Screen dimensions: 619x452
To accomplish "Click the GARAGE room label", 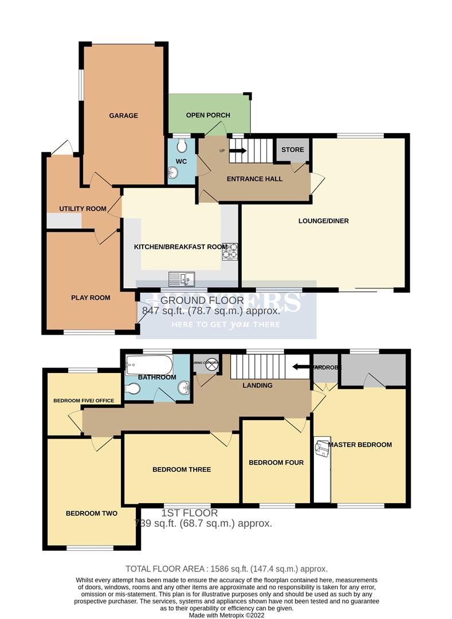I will tap(123, 116).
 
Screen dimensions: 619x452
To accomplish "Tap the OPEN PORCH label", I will tap(208, 115).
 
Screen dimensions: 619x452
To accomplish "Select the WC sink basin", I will tap(173, 171).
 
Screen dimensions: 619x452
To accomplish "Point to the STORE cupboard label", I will tap(292, 150).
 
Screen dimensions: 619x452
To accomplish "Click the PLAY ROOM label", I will tap(91, 297).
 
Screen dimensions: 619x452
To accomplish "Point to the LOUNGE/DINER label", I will tap(324, 221).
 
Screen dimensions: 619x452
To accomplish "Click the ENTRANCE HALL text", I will tap(254, 179).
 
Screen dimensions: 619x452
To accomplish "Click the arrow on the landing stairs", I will tap(297, 367).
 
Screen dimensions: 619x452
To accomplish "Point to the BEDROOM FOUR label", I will tap(276, 463).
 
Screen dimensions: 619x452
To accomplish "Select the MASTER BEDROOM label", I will tap(360, 444).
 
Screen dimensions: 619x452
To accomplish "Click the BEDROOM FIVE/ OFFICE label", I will tap(84, 400).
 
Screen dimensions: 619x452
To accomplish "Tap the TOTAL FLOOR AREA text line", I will tap(227, 569).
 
